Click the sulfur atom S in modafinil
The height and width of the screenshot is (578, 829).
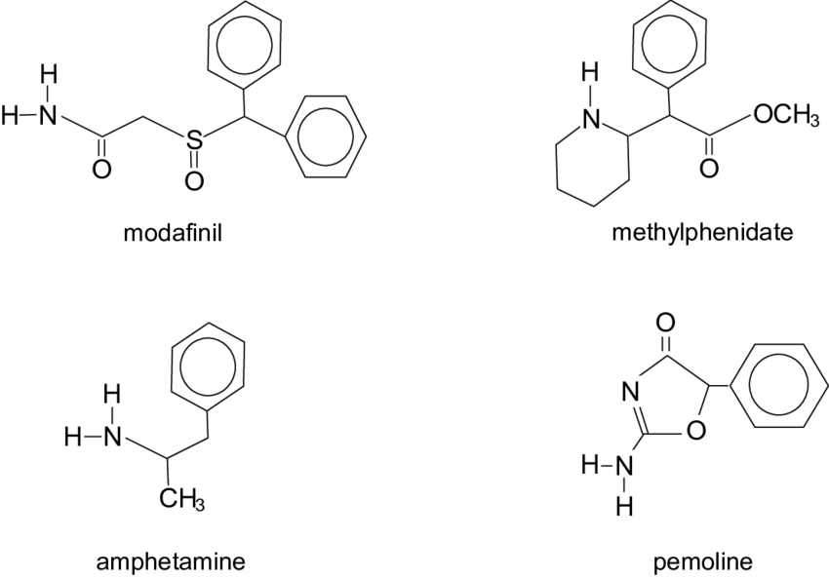coord(194,141)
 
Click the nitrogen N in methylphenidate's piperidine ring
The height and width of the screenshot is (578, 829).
coord(588,120)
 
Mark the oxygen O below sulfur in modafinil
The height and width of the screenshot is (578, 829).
coord(194,181)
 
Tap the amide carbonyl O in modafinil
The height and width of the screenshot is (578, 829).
coord(101,169)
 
